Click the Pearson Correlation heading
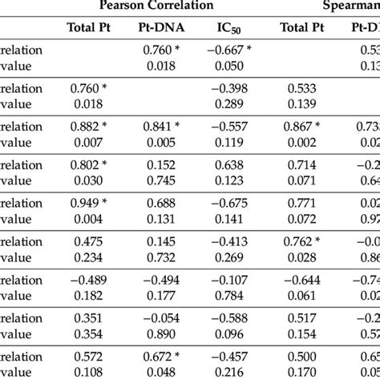[x=157, y=6]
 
